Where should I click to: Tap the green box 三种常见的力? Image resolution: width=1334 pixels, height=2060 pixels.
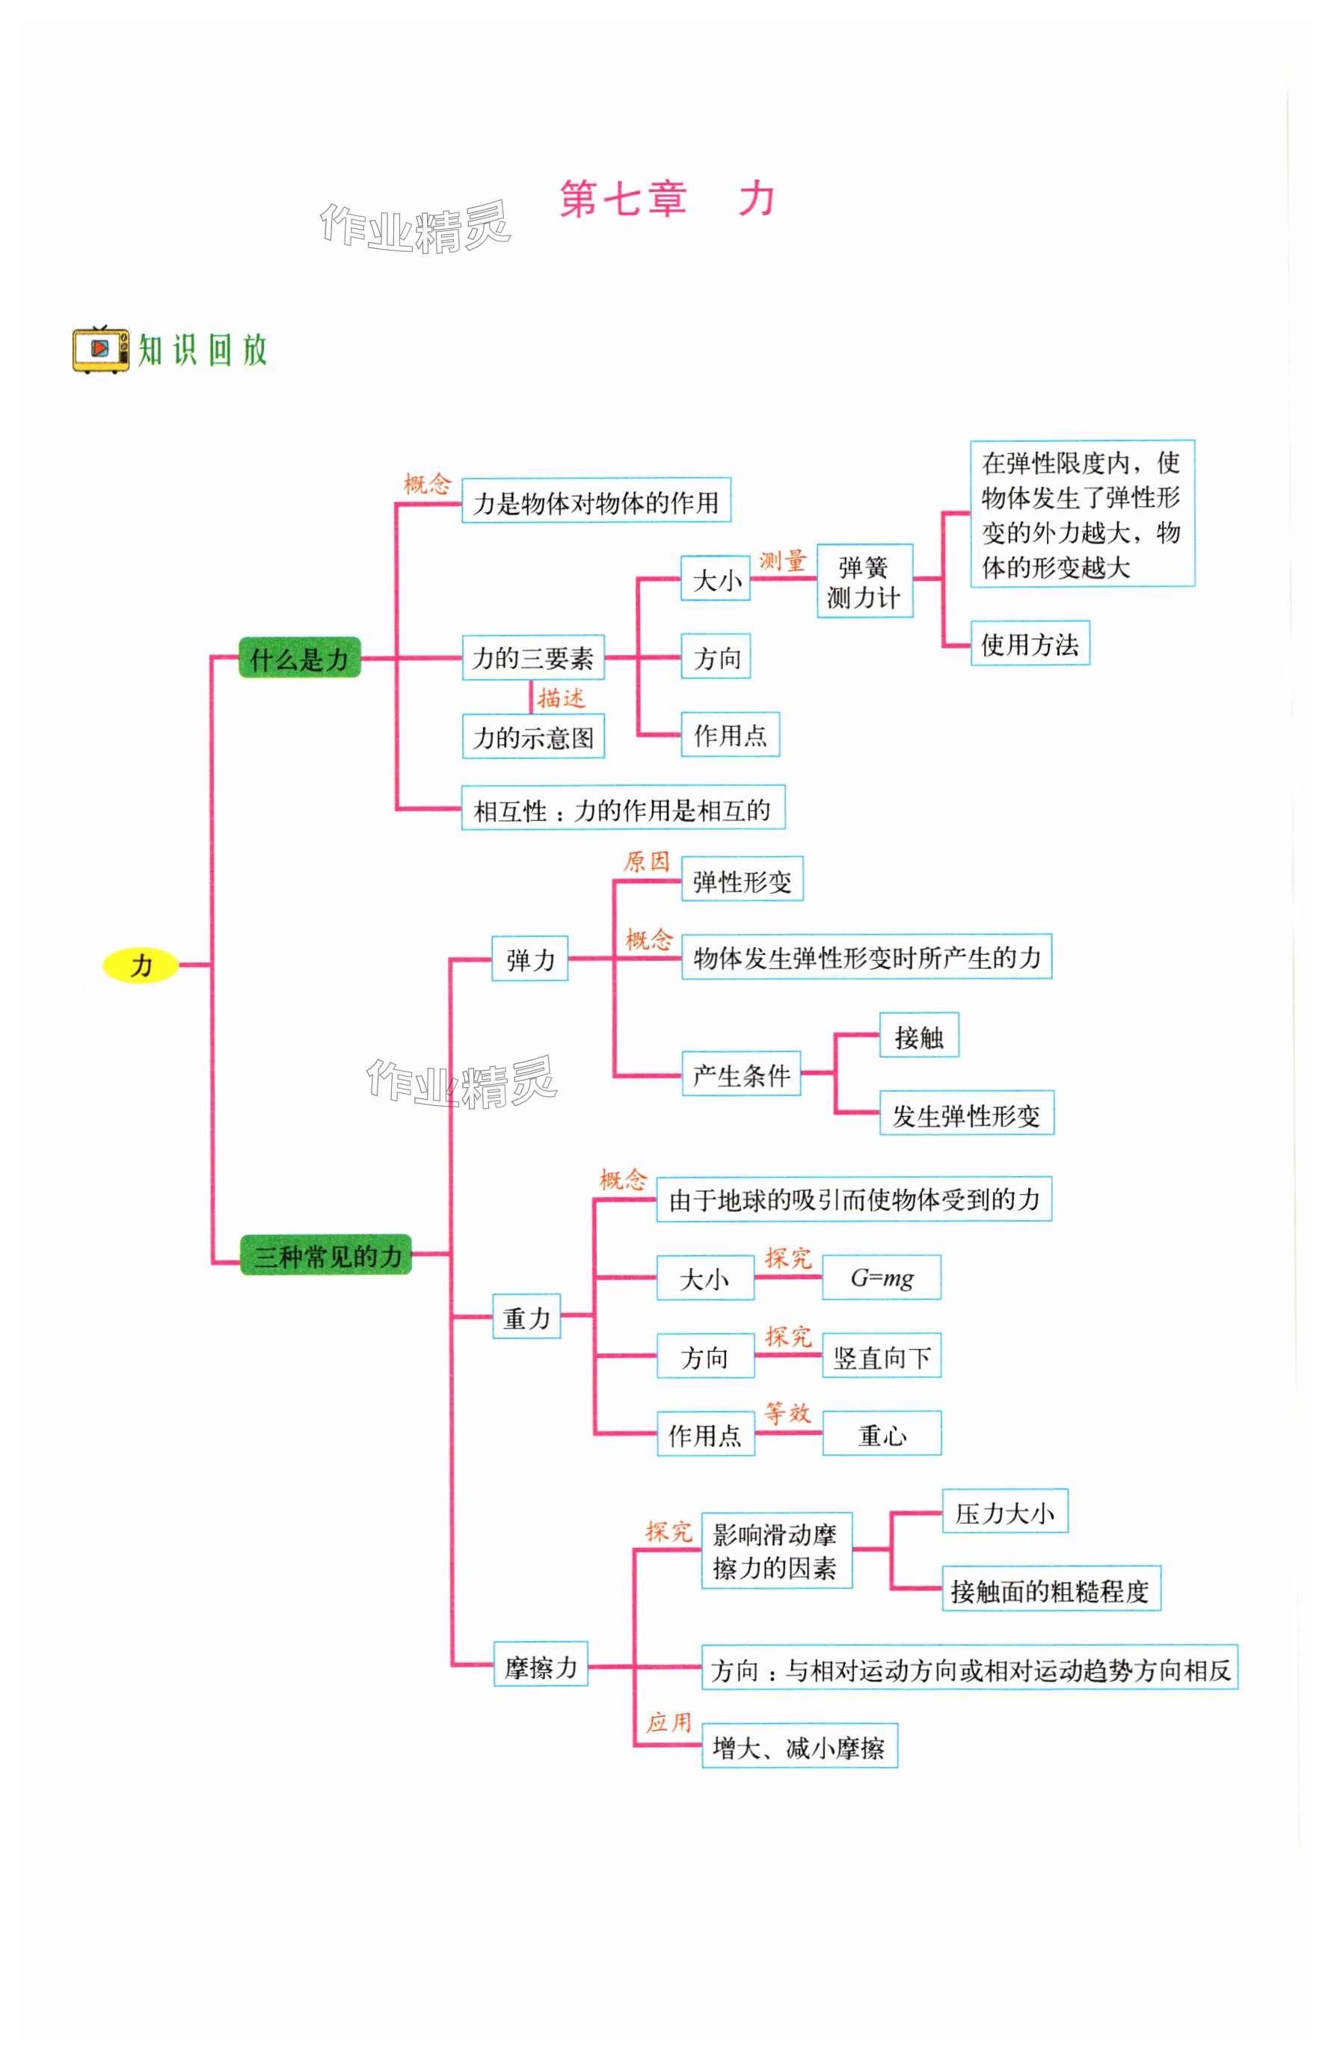point(326,1255)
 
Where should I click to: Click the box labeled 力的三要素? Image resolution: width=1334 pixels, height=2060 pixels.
point(532,658)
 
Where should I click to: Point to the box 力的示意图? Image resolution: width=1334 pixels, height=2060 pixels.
point(532,737)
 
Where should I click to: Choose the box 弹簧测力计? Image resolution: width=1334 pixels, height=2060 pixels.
point(863,582)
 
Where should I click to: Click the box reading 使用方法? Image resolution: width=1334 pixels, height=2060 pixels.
point(1028,644)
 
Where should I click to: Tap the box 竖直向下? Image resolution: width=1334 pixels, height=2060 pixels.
point(880,1356)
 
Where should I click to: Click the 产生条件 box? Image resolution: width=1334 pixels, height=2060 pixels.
point(740,1075)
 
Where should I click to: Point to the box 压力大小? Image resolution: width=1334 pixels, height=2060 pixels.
point(1003,1512)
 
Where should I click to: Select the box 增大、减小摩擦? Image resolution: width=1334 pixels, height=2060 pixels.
point(797,1747)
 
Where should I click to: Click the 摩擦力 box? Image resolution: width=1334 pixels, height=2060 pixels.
point(540,1666)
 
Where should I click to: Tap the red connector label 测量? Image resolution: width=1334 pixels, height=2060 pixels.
point(781,561)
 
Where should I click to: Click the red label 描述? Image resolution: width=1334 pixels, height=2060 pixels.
point(560,698)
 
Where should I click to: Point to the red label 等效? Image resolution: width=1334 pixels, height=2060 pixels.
point(786,1412)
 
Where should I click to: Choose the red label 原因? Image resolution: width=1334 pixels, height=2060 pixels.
point(646,861)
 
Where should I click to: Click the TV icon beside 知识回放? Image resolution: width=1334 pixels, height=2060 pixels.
point(100,350)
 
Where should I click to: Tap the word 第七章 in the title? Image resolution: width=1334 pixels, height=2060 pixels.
point(622,199)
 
